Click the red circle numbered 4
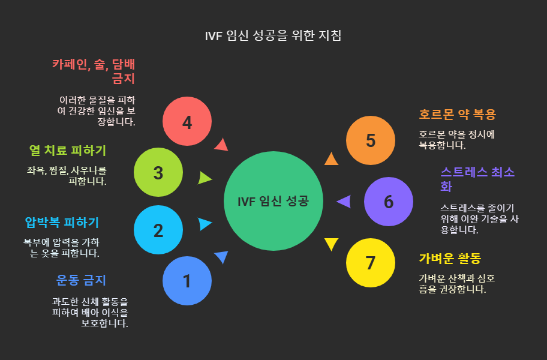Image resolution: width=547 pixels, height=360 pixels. coord(187,122)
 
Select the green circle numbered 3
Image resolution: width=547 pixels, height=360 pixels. coord(158,173)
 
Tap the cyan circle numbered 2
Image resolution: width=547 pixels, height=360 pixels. coord(158,230)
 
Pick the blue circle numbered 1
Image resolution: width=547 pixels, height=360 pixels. coord(187,281)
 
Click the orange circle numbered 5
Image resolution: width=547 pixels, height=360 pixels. coord(371,140)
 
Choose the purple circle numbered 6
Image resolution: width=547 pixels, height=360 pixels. coord(389,202)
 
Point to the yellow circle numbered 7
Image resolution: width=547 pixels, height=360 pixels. coord(371,263)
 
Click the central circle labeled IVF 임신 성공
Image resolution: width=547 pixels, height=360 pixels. coord(273,201)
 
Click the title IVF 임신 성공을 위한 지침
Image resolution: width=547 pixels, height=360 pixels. coord(273,35)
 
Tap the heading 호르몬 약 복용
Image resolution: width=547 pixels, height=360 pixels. coord(457,114)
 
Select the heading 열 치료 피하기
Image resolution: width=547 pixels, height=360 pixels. coord(68,150)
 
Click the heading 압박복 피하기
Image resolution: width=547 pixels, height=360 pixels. coord(62,223)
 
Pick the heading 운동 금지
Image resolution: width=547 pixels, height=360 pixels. coord(81,280)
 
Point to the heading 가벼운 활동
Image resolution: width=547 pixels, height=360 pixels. coord(450,259)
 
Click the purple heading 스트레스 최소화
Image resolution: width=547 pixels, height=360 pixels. coord(477,179)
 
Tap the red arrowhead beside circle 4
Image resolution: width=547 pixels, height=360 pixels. coord(221,145)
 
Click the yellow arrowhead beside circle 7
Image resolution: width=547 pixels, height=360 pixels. coord(331,244)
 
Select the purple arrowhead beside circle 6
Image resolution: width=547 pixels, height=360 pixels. coord(344,202)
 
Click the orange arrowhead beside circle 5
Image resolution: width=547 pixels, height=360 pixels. coord(331,158)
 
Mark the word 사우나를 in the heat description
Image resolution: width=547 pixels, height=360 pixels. coord(89,170)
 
